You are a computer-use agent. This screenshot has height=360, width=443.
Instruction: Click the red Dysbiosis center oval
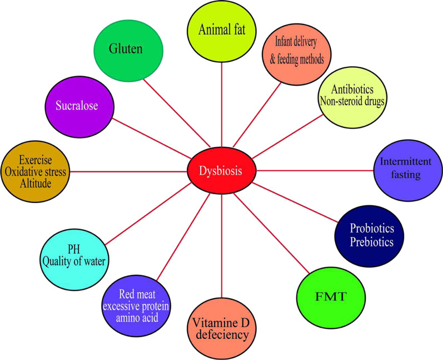tap(222, 170)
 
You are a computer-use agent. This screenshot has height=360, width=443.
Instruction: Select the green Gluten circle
tap(128, 49)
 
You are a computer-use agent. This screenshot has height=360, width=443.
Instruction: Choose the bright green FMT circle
tap(331, 295)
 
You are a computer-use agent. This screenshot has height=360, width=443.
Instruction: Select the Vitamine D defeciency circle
tap(222, 328)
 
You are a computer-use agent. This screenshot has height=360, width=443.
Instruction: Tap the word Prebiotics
tap(372, 242)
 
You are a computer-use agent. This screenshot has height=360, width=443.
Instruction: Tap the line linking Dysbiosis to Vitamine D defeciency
tap(222, 245)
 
